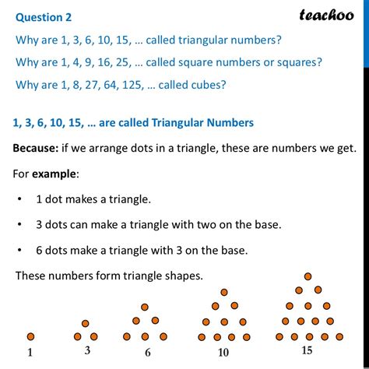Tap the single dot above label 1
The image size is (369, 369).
[x=31, y=336]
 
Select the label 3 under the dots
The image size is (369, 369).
[x=87, y=351]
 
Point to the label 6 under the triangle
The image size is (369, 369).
[x=146, y=352]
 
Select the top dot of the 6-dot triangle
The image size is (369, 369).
[x=146, y=307]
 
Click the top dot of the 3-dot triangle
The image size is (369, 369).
[x=87, y=322]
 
